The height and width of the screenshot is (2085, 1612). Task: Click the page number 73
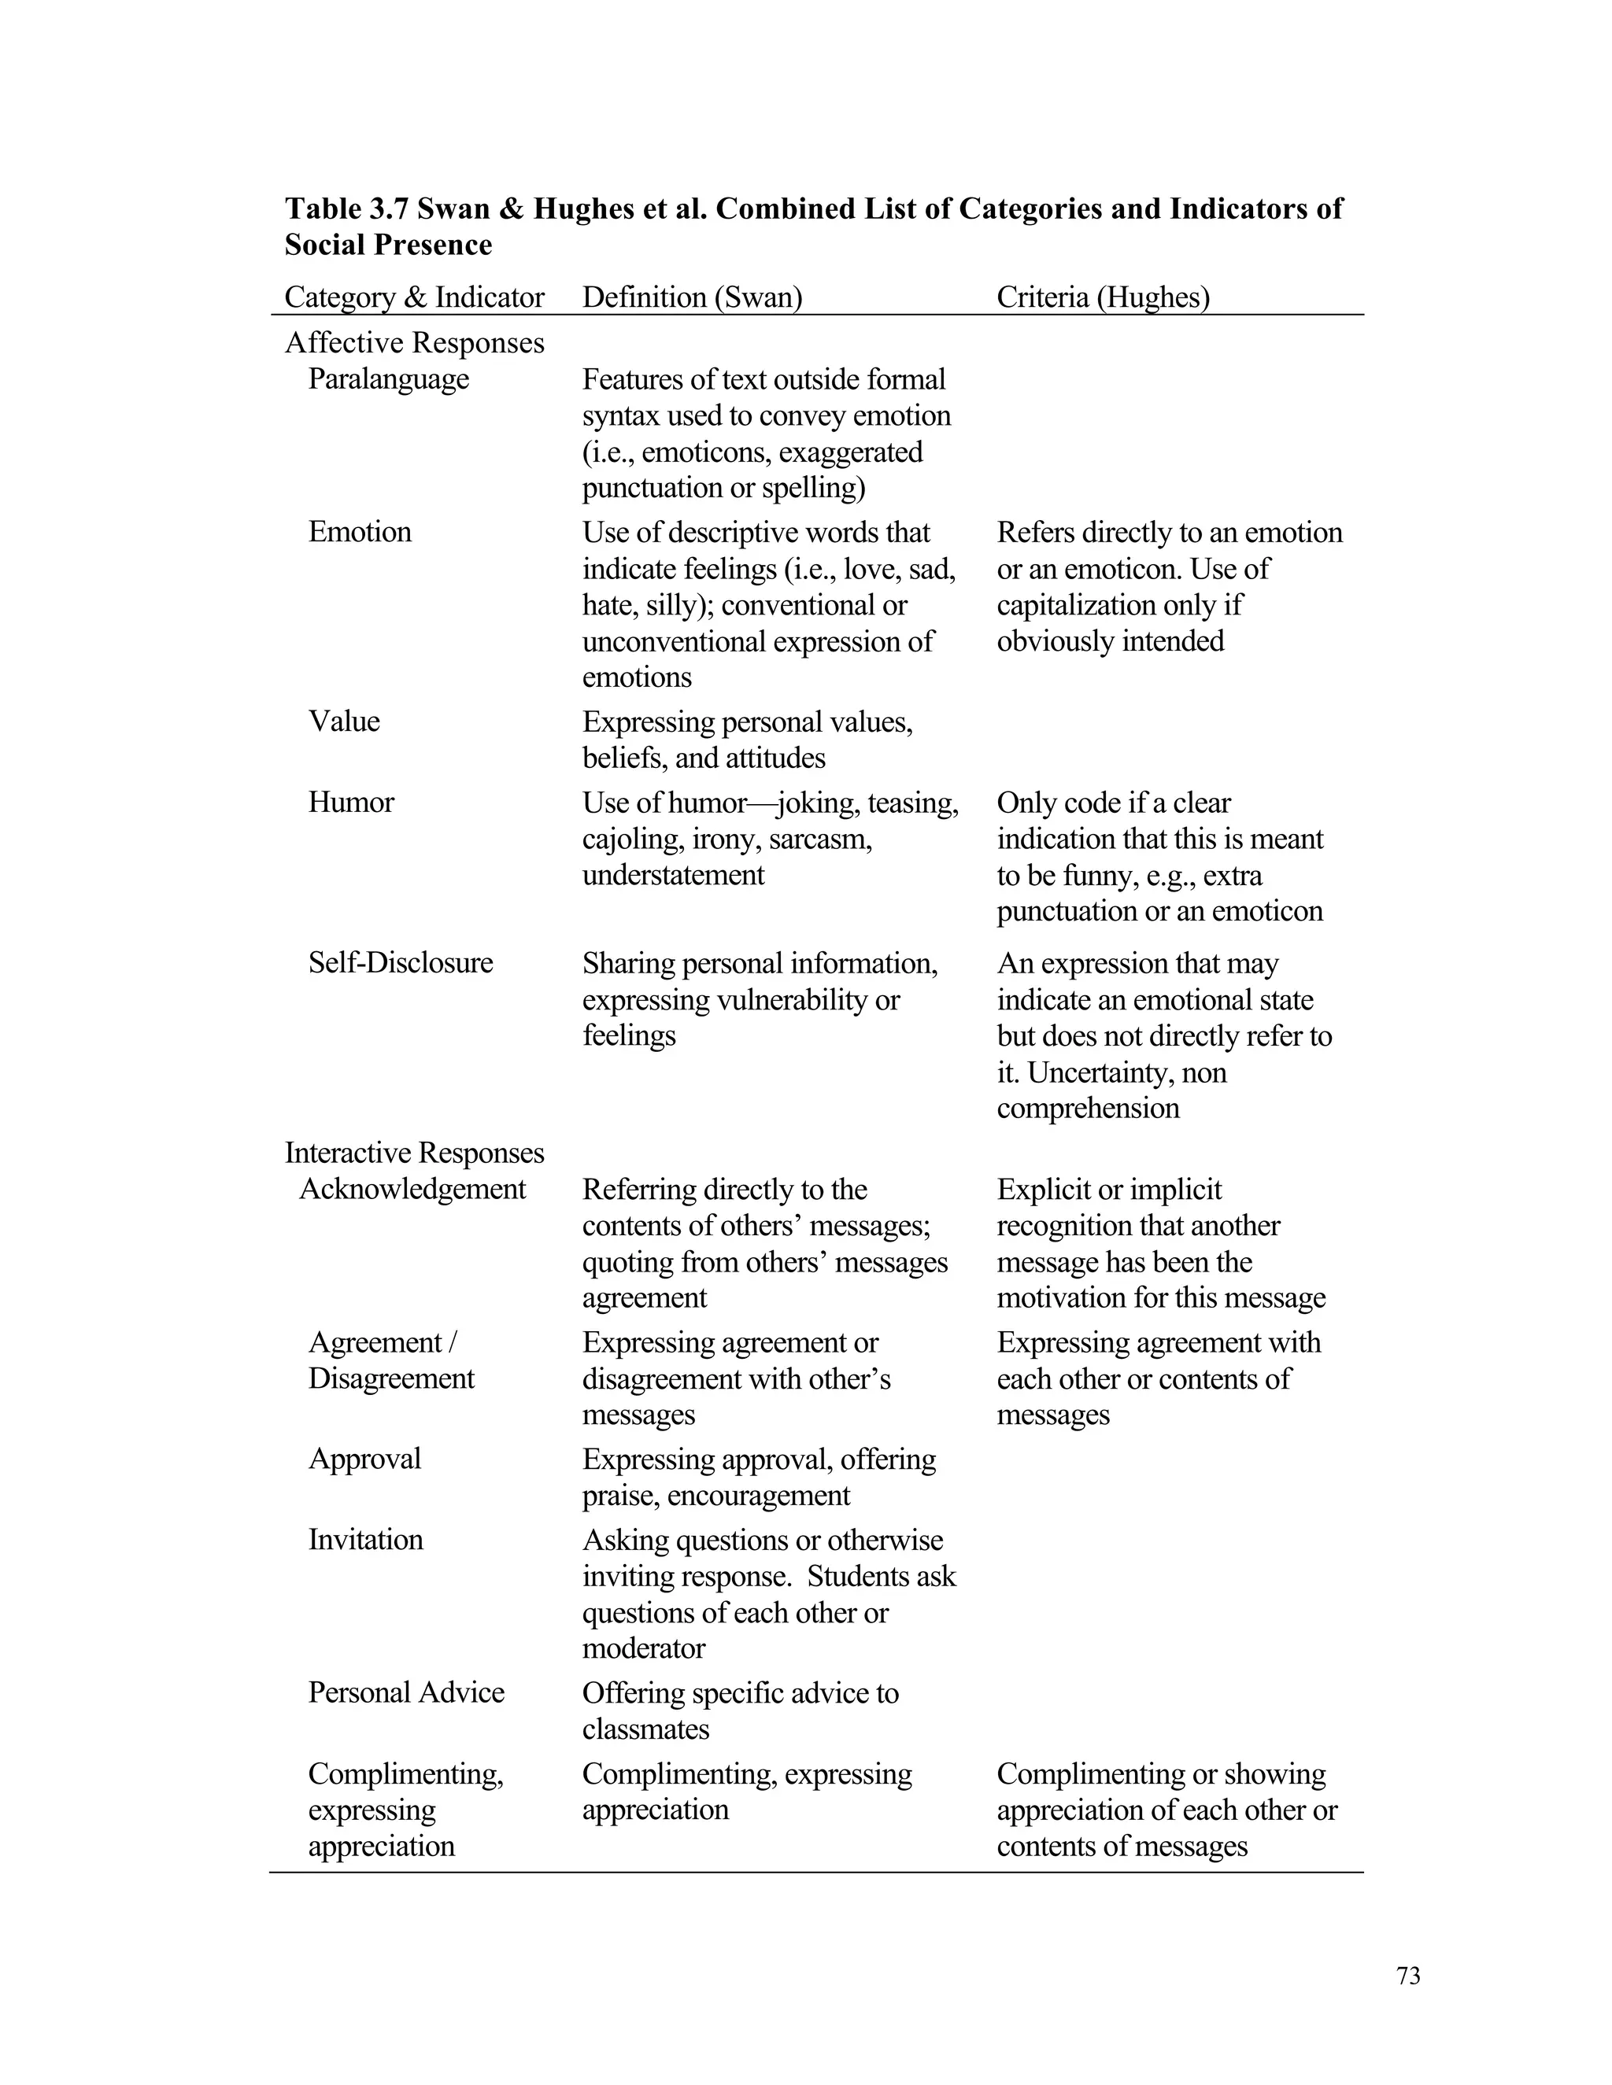tap(1407, 1976)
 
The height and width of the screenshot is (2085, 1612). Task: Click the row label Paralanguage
tap(388, 379)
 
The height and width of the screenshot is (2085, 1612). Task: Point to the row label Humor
tap(350, 802)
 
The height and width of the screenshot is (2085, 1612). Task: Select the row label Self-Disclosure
tap(400, 962)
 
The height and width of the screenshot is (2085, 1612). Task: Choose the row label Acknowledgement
tap(412, 1189)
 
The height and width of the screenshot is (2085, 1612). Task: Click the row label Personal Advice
tap(406, 1692)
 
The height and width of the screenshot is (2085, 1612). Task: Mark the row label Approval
tap(364, 1458)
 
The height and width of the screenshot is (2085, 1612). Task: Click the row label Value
tap(344, 721)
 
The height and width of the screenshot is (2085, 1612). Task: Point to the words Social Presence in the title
tap(388, 245)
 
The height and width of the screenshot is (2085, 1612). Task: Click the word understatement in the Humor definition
tap(672, 874)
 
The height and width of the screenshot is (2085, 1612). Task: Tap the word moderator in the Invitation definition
tap(644, 1648)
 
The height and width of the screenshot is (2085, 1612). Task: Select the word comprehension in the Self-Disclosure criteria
tap(1087, 1108)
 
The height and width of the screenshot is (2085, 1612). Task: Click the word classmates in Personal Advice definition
tap(645, 1729)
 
